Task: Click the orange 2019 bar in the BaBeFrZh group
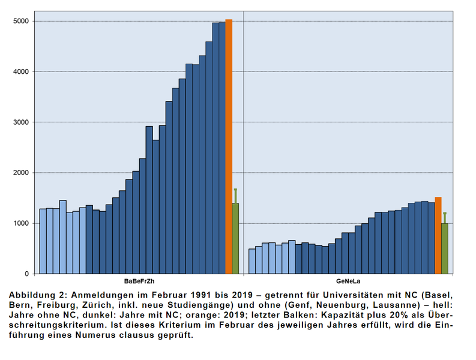(x=229, y=146)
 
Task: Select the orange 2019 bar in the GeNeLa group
(x=438, y=235)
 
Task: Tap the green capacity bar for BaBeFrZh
(x=235, y=238)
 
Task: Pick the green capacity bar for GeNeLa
(x=445, y=248)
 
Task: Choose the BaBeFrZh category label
(x=139, y=281)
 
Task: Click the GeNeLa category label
(x=348, y=281)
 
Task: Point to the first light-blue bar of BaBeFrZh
(x=43, y=241)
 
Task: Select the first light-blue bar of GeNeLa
(x=252, y=261)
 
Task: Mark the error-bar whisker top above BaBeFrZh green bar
(x=235, y=190)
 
